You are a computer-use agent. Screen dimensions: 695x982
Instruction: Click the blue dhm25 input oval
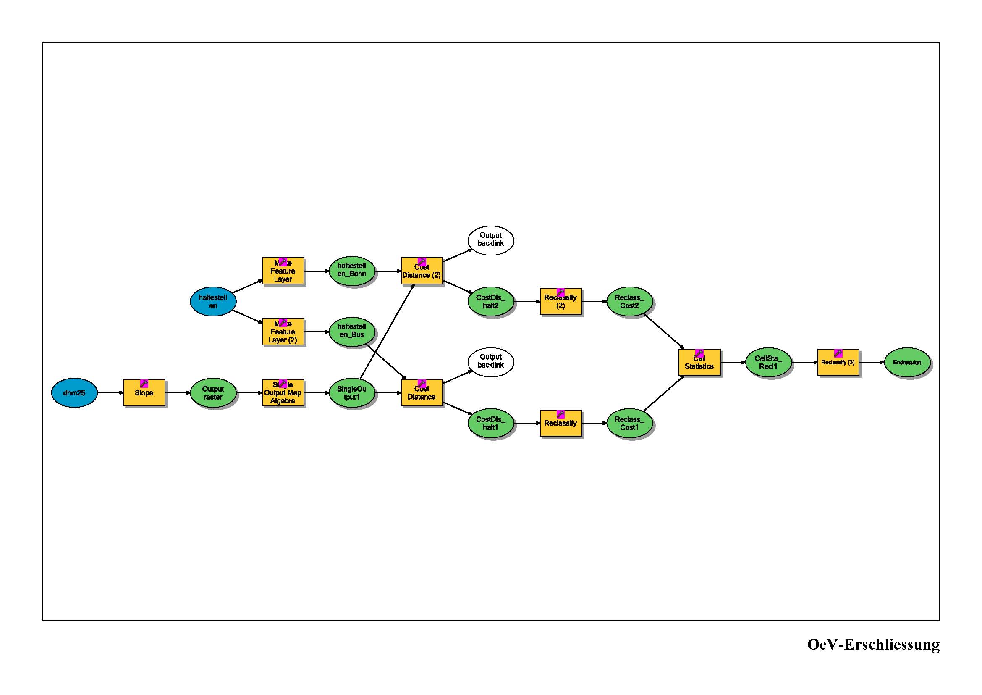(x=74, y=392)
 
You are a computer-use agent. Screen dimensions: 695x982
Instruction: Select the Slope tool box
(x=144, y=392)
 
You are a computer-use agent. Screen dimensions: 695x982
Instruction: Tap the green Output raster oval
(x=213, y=392)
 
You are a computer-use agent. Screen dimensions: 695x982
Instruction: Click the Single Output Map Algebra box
(x=283, y=392)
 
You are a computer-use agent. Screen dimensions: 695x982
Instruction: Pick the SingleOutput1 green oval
(x=351, y=392)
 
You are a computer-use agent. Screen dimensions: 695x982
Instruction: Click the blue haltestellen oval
(x=213, y=301)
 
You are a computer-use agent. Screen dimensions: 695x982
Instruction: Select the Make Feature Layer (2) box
(x=283, y=332)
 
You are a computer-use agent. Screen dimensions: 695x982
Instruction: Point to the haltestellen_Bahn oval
(x=351, y=271)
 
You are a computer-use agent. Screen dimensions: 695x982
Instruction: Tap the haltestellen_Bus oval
(x=351, y=332)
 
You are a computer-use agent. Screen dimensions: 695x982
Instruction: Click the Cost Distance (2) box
(x=421, y=271)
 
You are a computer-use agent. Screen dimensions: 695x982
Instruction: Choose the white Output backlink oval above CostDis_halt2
(x=490, y=240)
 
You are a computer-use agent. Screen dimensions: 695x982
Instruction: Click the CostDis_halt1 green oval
(x=490, y=423)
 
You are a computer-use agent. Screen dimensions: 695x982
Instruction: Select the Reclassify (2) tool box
(x=560, y=301)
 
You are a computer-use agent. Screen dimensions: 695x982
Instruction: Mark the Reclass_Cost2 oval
(x=629, y=301)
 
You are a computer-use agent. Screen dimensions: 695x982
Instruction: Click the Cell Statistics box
(x=699, y=362)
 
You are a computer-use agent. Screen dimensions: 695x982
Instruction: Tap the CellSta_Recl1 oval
(x=768, y=362)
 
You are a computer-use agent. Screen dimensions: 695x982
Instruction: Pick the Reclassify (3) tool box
(x=838, y=362)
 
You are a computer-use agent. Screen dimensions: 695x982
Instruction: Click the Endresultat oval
(x=907, y=362)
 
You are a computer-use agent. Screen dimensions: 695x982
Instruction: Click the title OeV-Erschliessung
(x=873, y=644)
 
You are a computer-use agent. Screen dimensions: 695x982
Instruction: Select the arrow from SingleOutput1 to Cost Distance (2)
(x=387, y=332)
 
